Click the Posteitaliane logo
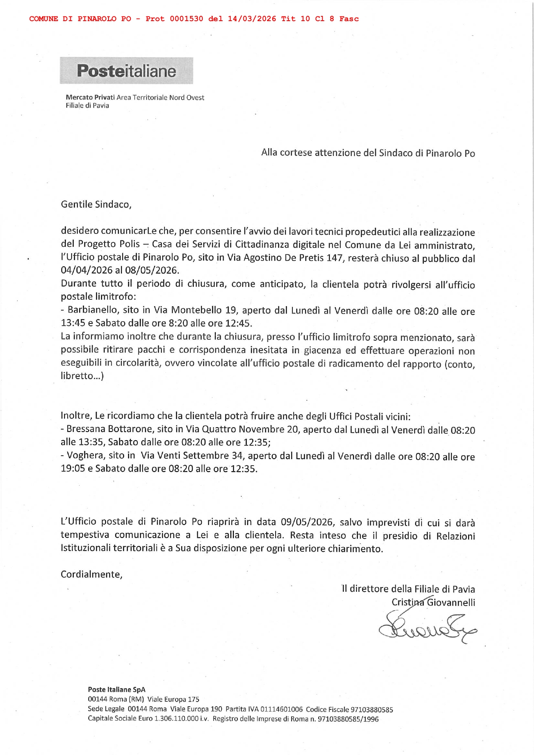[x=126, y=71]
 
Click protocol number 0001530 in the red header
[x=186, y=19]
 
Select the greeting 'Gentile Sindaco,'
[x=96, y=205]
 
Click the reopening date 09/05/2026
[x=307, y=522]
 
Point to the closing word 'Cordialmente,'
[x=91, y=575]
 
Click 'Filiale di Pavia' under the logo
[x=87, y=106]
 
